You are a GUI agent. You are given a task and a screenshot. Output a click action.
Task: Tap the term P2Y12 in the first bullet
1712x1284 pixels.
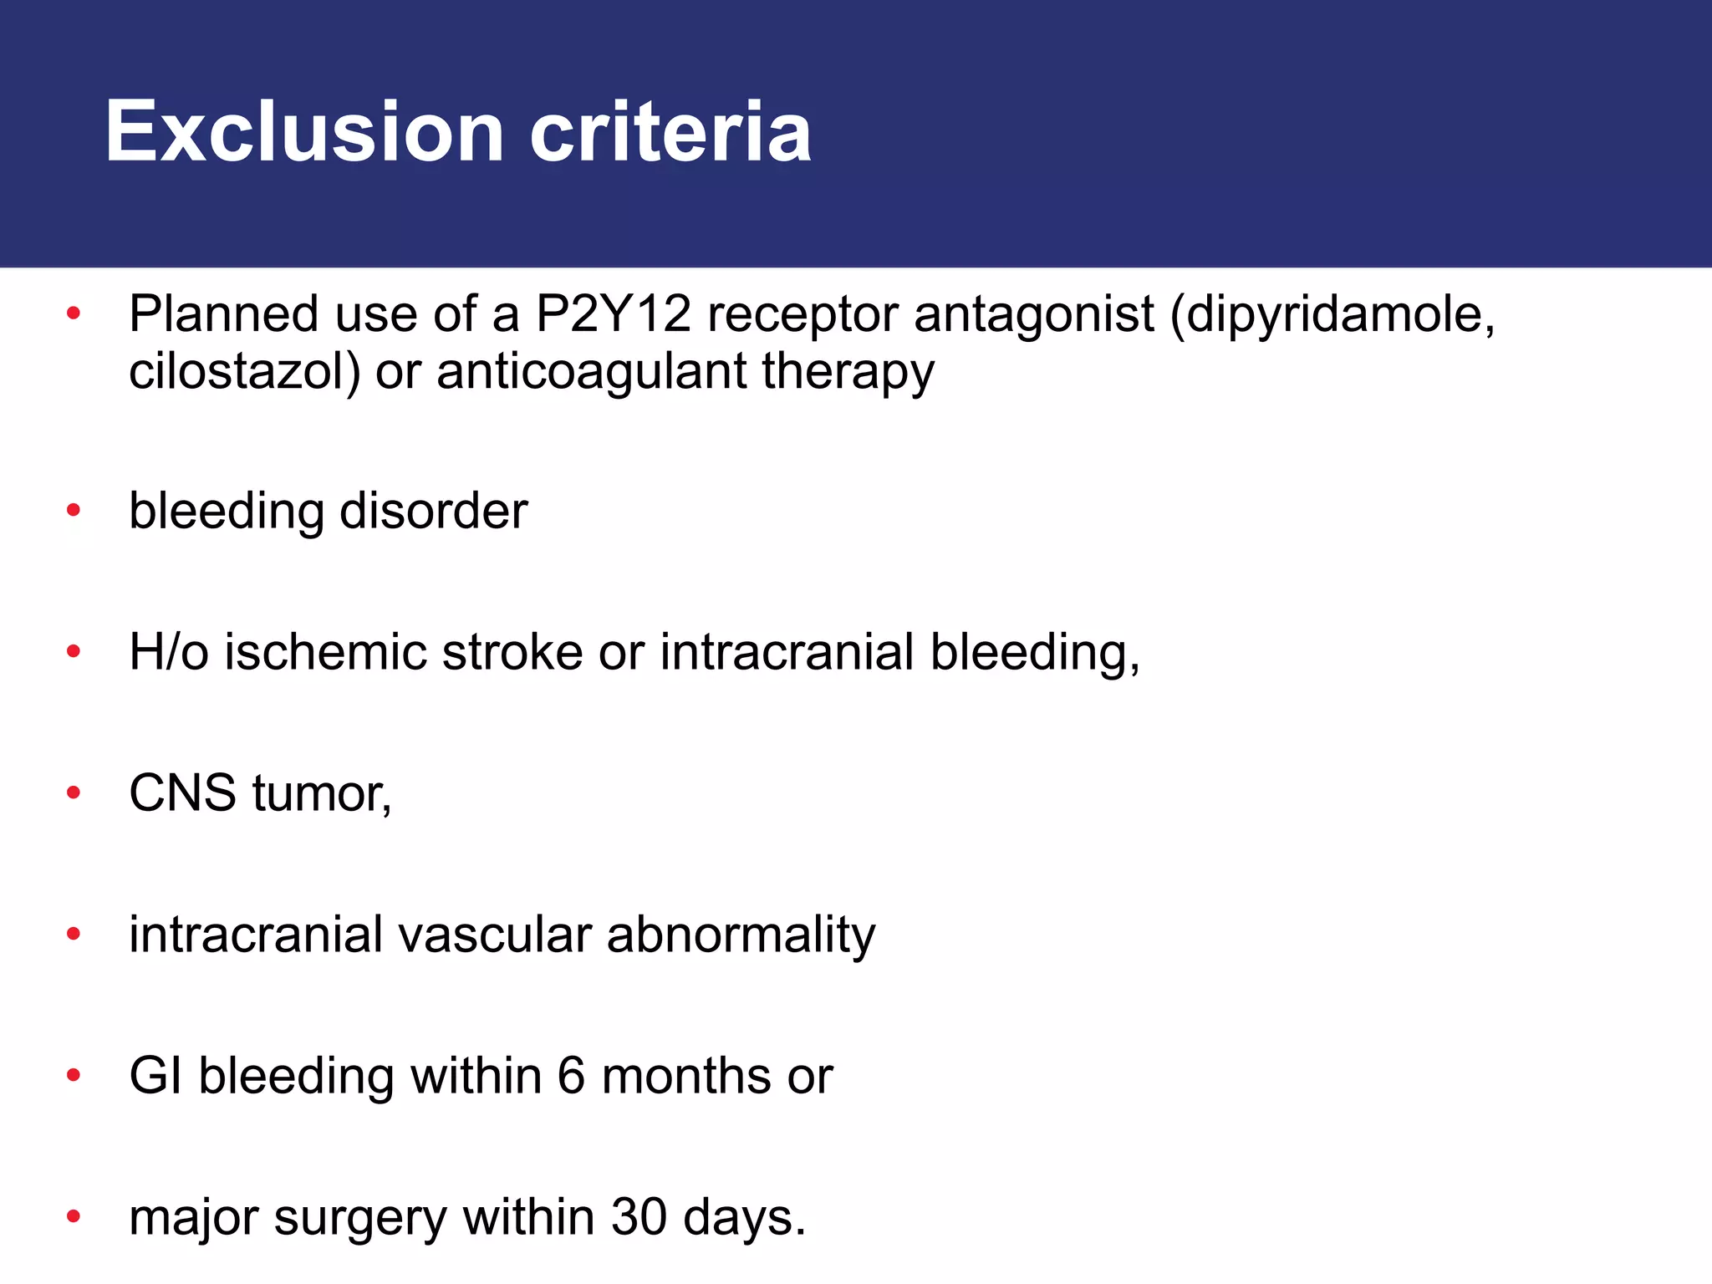click(614, 314)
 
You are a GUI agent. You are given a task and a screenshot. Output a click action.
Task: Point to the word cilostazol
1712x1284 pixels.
click(238, 371)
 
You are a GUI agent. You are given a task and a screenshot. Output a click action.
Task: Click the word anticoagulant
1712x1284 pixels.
click(591, 373)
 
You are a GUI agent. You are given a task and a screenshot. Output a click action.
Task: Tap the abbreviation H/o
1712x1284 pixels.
click(168, 652)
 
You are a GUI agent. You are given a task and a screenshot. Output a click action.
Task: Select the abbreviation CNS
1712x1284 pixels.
click(182, 793)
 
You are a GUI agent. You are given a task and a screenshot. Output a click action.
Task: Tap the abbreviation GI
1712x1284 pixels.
click(155, 1076)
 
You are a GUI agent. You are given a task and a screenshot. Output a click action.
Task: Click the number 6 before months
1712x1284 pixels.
click(570, 1076)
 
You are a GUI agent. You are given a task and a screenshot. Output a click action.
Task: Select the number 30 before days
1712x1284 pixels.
click(639, 1217)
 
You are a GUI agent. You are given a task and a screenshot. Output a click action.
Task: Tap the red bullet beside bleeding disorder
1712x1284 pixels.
click(74, 510)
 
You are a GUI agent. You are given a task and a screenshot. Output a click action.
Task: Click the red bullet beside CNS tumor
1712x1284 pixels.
click(74, 792)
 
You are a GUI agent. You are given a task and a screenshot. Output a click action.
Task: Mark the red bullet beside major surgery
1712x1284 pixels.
click(74, 1216)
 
